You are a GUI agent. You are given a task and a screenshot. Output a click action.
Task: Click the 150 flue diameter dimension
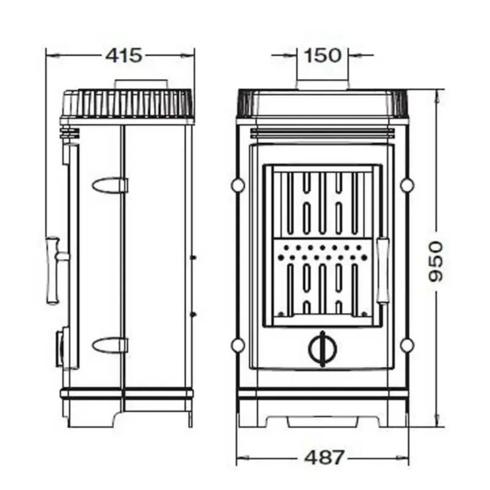tap(323, 55)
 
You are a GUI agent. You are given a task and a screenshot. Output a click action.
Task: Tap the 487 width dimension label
tap(323, 458)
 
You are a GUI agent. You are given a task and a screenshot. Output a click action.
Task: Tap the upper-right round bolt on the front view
tap(407, 185)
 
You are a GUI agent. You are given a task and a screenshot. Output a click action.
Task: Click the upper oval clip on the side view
tap(110, 185)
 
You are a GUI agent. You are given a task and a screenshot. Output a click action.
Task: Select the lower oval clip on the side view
tap(110, 345)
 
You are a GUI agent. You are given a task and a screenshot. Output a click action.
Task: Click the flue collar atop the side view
tap(140, 84)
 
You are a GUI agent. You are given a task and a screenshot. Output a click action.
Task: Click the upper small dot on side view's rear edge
tap(193, 257)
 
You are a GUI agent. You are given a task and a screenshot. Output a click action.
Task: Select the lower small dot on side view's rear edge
tap(193, 314)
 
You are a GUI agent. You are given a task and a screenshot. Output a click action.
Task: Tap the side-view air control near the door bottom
tap(60, 349)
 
